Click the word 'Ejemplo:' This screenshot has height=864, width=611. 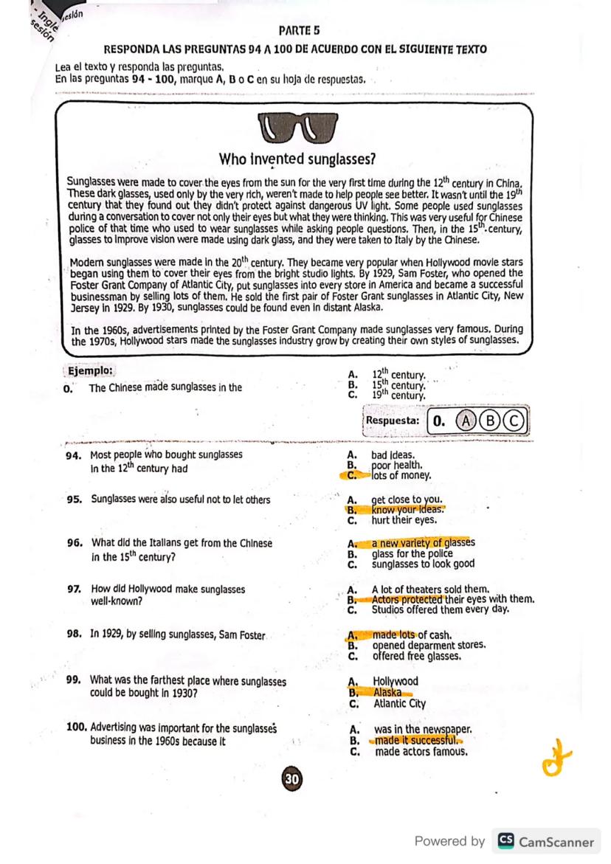(90, 370)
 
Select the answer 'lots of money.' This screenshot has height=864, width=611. (401, 476)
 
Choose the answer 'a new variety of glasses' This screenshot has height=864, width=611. (423, 543)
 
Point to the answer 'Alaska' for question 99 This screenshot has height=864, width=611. (387, 692)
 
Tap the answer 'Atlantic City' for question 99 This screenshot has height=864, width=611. (399, 704)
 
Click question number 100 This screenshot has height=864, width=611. (76, 727)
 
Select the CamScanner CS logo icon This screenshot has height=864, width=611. (505, 841)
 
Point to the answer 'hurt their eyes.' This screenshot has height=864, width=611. (405, 519)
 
